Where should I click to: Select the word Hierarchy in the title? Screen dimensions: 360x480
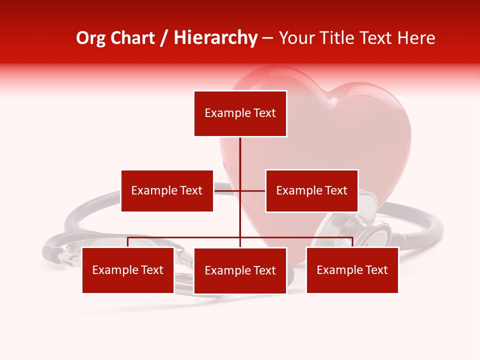pyautogui.click(x=215, y=38)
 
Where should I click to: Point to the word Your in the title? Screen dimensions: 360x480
pyautogui.click(x=296, y=38)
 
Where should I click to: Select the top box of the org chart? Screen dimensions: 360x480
pyautogui.click(x=240, y=113)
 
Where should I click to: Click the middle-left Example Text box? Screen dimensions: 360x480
pyautogui.click(x=167, y=190)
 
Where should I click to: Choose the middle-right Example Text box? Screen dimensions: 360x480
pyautogui.click(x=311, y=190)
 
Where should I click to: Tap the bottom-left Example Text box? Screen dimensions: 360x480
pyautogui.click(x=128, y=270)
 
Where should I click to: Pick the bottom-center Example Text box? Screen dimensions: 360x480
pyautogui.click(x=240, y=270)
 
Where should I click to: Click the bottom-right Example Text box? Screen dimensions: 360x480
pyautogui.click(x=352, y=270)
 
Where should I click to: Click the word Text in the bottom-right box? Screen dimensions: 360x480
pyautogui.click(x=376, y=270)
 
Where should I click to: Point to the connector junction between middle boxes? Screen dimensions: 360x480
pyautogui.click(x=240, y=190)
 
